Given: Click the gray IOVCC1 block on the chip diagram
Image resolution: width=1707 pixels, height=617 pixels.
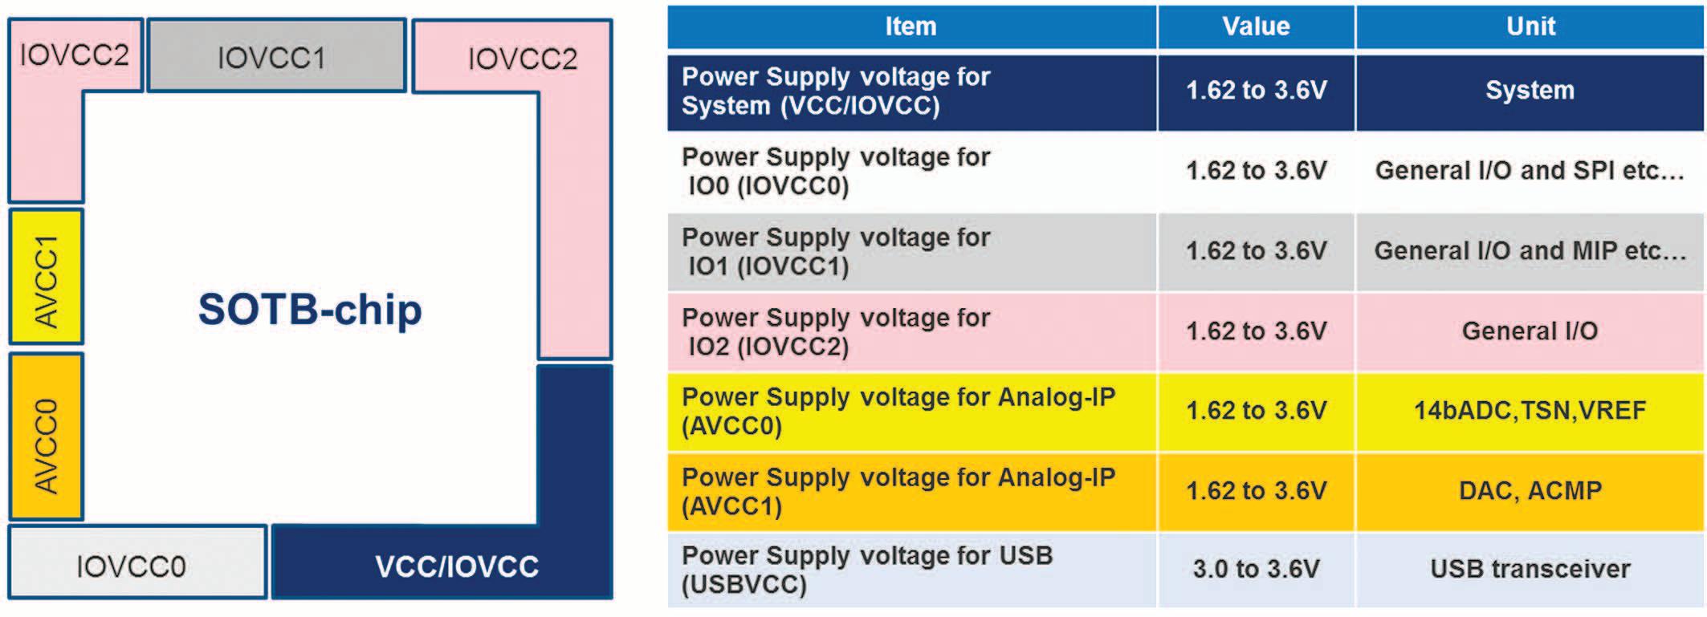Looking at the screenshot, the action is tap(276, 56).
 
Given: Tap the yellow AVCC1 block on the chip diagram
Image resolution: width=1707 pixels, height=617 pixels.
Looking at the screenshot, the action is tap(46, 277).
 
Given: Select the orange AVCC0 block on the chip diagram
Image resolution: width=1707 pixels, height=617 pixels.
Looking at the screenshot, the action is tap(46, 437).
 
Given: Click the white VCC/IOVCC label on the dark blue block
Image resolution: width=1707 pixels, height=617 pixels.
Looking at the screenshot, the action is tap(456, 566).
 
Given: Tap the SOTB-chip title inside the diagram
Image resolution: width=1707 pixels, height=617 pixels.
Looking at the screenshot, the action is tap(310, 310).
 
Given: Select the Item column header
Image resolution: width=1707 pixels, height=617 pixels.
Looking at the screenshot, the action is tap(911, 26).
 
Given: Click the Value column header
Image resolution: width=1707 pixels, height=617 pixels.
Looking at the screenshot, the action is tap(1256, 26).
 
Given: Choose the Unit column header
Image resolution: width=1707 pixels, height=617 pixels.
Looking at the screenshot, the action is tap(1530, 26).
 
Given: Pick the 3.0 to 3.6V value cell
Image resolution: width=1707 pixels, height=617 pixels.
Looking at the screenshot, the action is tap(1256, 569).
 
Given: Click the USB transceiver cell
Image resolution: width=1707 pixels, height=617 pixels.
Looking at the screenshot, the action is tap(1530, 569).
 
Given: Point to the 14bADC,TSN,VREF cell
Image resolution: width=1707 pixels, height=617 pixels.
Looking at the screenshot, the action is tap(1530, 411).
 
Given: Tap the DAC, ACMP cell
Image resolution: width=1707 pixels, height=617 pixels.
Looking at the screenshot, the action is tap(1530, 490).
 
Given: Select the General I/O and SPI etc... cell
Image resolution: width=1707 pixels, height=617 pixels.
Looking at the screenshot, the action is tap(1530, 170).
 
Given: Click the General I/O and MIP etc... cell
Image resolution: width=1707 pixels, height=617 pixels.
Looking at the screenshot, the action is tap(1530, 250).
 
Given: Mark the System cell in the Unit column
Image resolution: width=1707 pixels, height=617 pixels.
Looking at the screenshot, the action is tap(1530, 91).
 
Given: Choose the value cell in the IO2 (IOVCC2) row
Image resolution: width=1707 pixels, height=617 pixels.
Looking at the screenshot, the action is tap(1256, 331).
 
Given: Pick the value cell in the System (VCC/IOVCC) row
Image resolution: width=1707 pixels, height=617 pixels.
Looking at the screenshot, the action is tap(1256, 91).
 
